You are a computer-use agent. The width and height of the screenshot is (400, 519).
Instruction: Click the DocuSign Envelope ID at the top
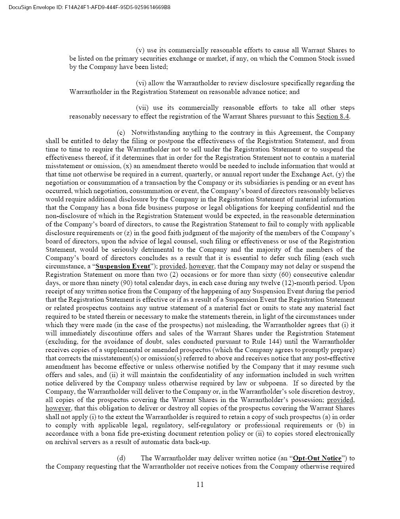pos(89,7)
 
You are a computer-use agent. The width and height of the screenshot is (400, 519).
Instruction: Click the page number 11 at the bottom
pos(200,484)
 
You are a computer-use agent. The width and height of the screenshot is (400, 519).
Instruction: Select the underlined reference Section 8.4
pos(332,117)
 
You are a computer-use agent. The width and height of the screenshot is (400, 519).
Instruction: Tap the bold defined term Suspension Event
pos(123,266)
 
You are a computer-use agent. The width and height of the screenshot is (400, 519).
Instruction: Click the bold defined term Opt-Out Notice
pos(317,458)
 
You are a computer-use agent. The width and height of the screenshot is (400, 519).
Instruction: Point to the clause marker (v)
pos(140,50)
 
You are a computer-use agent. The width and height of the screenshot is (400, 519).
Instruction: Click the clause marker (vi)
pos(141,83)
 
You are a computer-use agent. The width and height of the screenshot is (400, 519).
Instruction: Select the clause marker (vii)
pos(142,108)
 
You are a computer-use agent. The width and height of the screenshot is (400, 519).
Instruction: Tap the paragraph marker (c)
pos(121,133)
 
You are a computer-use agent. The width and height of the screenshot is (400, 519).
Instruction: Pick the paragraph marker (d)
pos(121,458)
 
